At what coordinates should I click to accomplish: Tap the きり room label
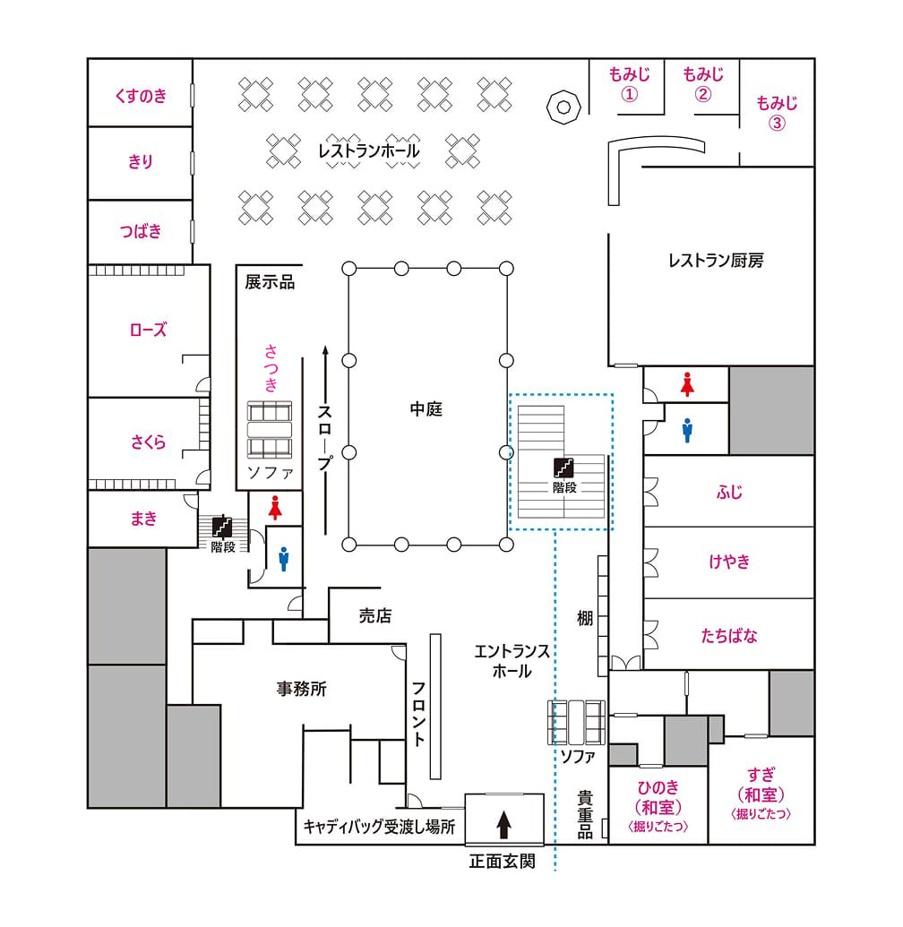click(x=141, y=162)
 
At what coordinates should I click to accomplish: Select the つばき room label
click(x=141, y=231)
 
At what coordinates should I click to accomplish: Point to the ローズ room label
click(x=148, y=330)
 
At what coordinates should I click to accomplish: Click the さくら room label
click(x=149, y=442)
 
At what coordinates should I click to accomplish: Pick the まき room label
click(x=143, y=518)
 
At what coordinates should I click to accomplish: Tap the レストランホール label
click(x=369, y=150)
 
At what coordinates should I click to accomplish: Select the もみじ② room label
click(x=703, y=83)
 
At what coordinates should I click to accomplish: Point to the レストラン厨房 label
click(x=716, y=262)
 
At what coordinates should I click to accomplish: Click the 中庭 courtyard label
click(x=426, y=409)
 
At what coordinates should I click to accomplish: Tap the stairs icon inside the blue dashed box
click(x=563, y=468)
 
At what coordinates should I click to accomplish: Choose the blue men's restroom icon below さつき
click(x=284, y=559)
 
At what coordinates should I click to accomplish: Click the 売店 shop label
click(x=375, y=616)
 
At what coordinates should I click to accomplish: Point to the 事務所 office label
click(x=302, y=690)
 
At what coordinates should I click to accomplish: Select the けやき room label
click(x=728, y=562)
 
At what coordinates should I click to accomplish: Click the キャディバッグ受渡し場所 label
click(x=380, y=828)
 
